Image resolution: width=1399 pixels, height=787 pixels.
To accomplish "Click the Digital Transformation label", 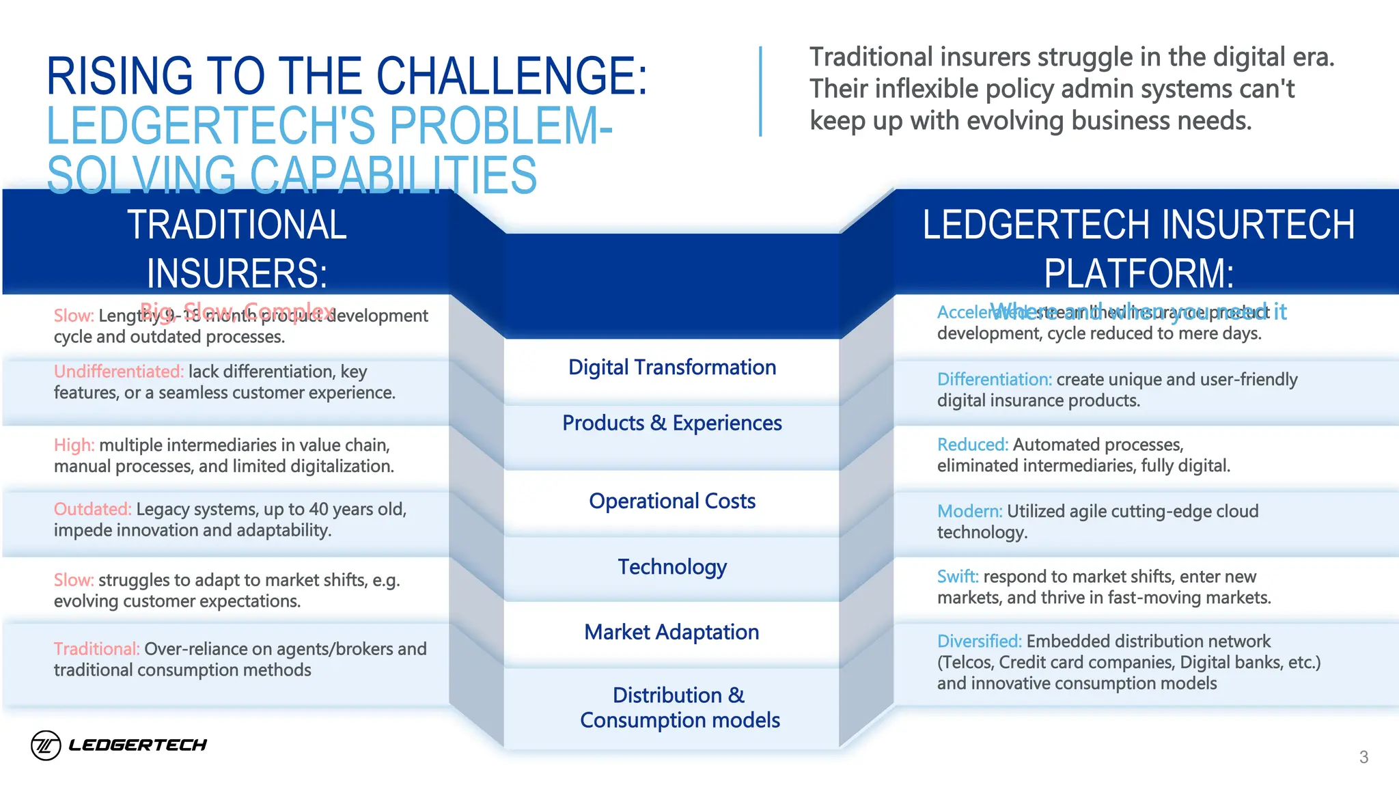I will pyautogui.click(x=671, y=368).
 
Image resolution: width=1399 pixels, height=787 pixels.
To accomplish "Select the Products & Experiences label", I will pyautogui.click(x=671, y=424).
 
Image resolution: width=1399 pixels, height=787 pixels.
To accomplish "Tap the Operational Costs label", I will pyautogui.click(x=671, y=501).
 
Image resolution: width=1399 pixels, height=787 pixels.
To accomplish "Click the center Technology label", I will pyautogui.click(x=671, y=567).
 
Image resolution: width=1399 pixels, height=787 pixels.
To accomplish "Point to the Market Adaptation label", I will pyautogui.click(x=671, y=633).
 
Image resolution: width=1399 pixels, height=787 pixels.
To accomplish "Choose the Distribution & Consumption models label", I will pyautogui.click(x=679, y=708).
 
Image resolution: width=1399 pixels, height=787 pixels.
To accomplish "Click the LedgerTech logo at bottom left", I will pyautogui.click(x=119, y=745).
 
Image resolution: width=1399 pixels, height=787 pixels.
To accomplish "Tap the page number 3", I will pyautogui.click(x=1363, y=757).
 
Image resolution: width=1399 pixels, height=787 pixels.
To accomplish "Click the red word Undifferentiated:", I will pyautogui.click(x=118, y=372).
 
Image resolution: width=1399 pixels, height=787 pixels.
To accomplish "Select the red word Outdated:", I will pyautogui.click(x=92, y=510).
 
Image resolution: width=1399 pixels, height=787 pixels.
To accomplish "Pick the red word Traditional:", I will pyautogui.click(x=96, y=649).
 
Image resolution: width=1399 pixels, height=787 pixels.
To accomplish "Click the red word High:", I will pyautogui.click(x=74, y=445).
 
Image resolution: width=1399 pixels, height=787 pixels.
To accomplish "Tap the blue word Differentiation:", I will pyautogui.click(x=994, y=380).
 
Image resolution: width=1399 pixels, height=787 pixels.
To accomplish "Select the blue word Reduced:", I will pyautogui.click(x=972, y=445).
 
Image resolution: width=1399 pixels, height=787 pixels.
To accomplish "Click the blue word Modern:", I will pyautogui.click(x=969, y=512).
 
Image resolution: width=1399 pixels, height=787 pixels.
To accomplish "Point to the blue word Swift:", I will pyautogui.click(x=957, y=577).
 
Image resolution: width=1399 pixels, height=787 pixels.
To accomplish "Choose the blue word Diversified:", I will pyautogui.click(x=979, y=641).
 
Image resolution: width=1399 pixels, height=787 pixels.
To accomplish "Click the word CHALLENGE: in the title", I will pyautogui.click(x=512, y=76).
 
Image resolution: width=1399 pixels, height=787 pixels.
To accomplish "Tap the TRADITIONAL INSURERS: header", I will pyautogui.click(x=237, y=249).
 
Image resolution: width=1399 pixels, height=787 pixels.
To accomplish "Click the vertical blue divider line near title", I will pyautogui.click(x=760, y=92).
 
